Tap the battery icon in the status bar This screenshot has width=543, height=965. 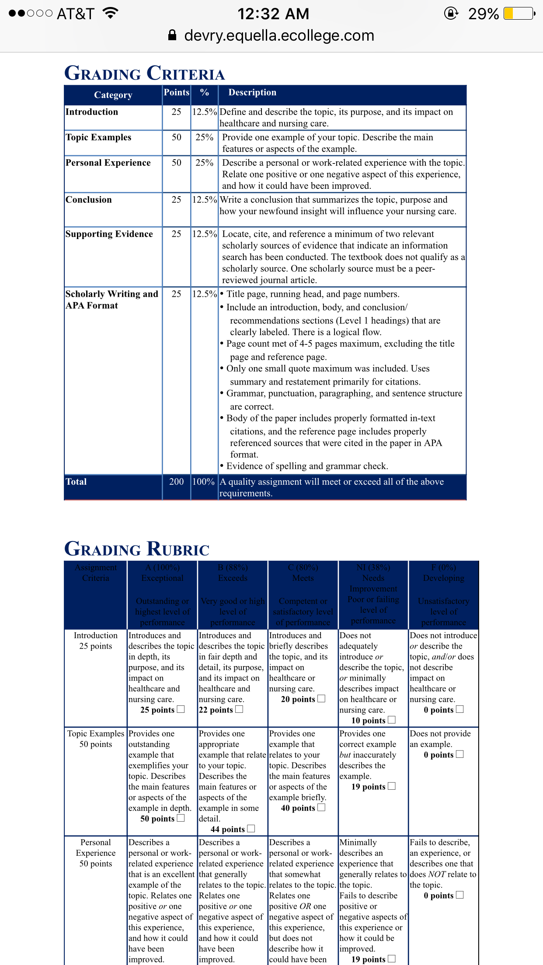(519, 14)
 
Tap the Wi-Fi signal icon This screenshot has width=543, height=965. (111, 13)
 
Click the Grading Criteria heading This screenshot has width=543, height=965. (144, 73)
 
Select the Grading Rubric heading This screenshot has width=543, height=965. (137, 548)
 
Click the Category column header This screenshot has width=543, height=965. (113, 95)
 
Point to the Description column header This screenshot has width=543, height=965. (252, 92)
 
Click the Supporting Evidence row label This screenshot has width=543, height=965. (109, 234)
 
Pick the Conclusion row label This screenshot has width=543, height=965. (89, 200)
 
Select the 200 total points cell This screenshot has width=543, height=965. (177, 482)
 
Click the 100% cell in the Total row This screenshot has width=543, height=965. (204, 482)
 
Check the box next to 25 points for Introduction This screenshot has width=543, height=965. (181, 709)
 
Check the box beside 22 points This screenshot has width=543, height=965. (239, 709)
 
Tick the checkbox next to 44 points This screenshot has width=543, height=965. (251, 828)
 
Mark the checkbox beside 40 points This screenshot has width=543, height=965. (321, 807)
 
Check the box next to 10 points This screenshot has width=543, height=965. (392, 719)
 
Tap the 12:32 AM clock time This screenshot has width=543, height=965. (273, 14)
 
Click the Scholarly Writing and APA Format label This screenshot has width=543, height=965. (111, 299)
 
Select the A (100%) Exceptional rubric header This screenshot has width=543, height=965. (162, 573)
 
